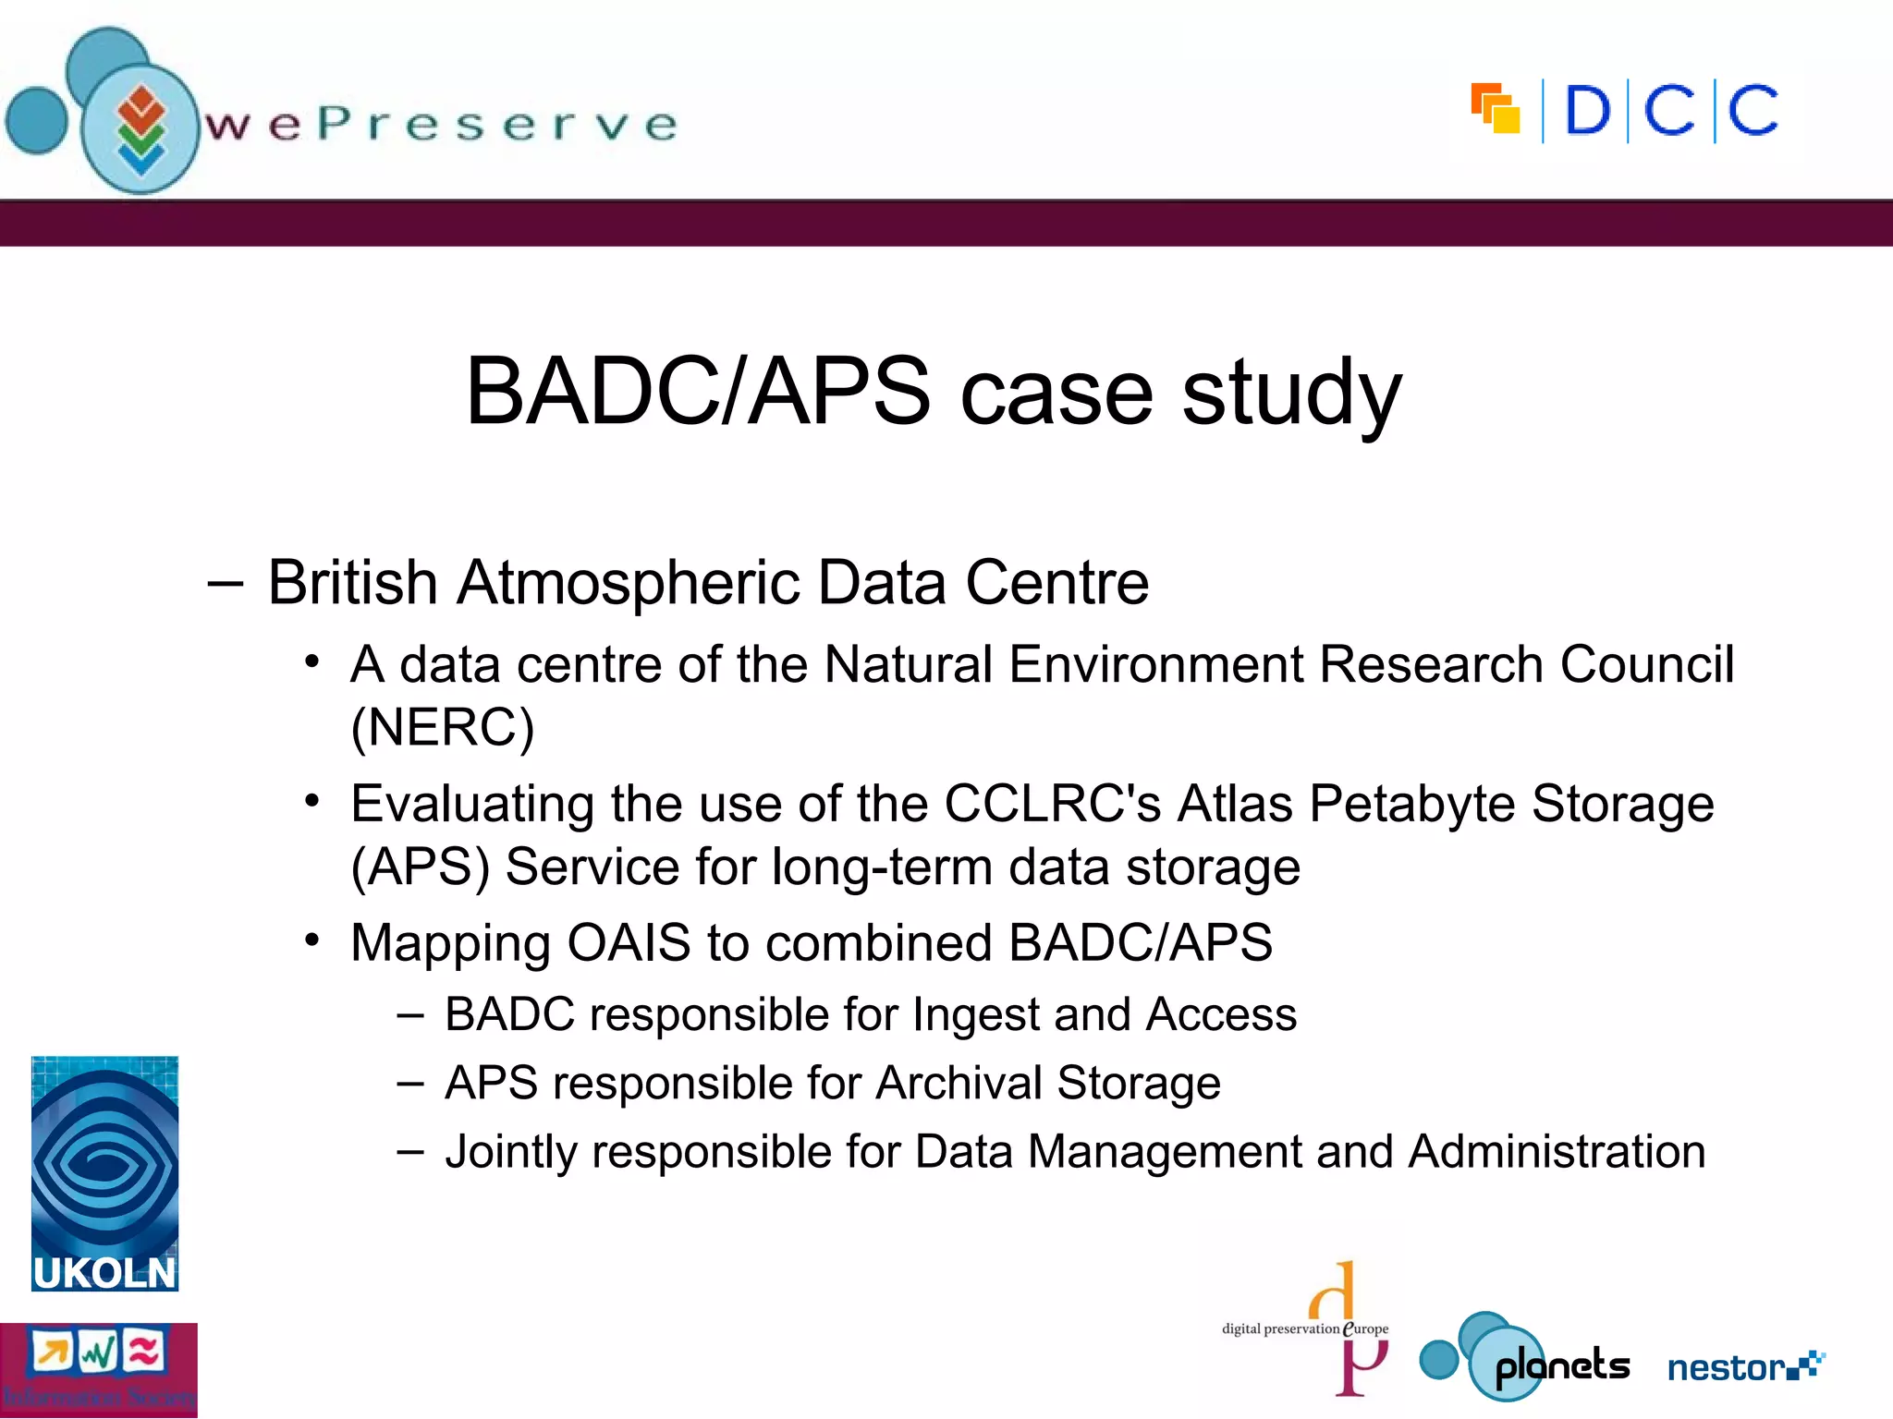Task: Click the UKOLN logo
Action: coord(104,1173)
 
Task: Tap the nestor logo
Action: coord(1743,1366)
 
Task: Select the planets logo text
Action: coord(1562,1366)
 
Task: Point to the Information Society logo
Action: coord(98,1369)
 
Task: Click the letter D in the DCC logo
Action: coord(1587,112)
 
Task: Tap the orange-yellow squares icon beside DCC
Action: coord(1496,109)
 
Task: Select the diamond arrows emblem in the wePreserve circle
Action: coord(140,130)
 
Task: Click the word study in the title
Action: coord(1291,393)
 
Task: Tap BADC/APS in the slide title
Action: coord(698,393)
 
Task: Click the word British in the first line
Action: coord(352,583)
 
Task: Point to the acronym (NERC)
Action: coord(443,727)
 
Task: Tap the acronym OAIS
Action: coord(629,943)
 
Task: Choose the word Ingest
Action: coord(975,1015)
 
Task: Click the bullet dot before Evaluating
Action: coord(312,800)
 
